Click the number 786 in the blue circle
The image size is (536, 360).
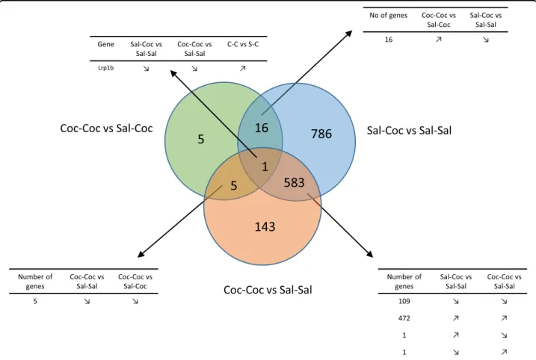pos(321,134)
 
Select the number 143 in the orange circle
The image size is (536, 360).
pos(265,227)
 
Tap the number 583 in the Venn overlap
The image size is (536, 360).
pos(294,183)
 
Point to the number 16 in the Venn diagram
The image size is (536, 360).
pos(262,128)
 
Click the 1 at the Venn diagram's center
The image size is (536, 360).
pos(265,167)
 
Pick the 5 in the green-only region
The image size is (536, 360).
pos(201,139)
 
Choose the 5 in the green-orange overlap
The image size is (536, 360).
pos(233,185)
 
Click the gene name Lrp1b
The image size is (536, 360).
pos(105,68)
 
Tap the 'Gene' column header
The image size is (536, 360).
pos(105,44)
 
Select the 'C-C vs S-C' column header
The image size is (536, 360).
pos(243,44)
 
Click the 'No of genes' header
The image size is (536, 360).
pos(388,15)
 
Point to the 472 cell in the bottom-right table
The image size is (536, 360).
pos(404,318)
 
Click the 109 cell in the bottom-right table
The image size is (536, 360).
pos(404,301)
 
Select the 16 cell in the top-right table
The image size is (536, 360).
pos(389,40)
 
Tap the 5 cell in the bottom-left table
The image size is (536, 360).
pos(35,301)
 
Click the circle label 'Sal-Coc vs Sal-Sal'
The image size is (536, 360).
pos(409,130)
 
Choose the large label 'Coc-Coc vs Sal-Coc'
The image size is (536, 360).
pos(106,128)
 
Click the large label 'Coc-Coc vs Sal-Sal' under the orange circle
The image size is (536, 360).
pos(268,290)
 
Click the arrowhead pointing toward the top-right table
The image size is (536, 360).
pos(348,34)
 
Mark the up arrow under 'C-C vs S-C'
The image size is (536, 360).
pos(243,68)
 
